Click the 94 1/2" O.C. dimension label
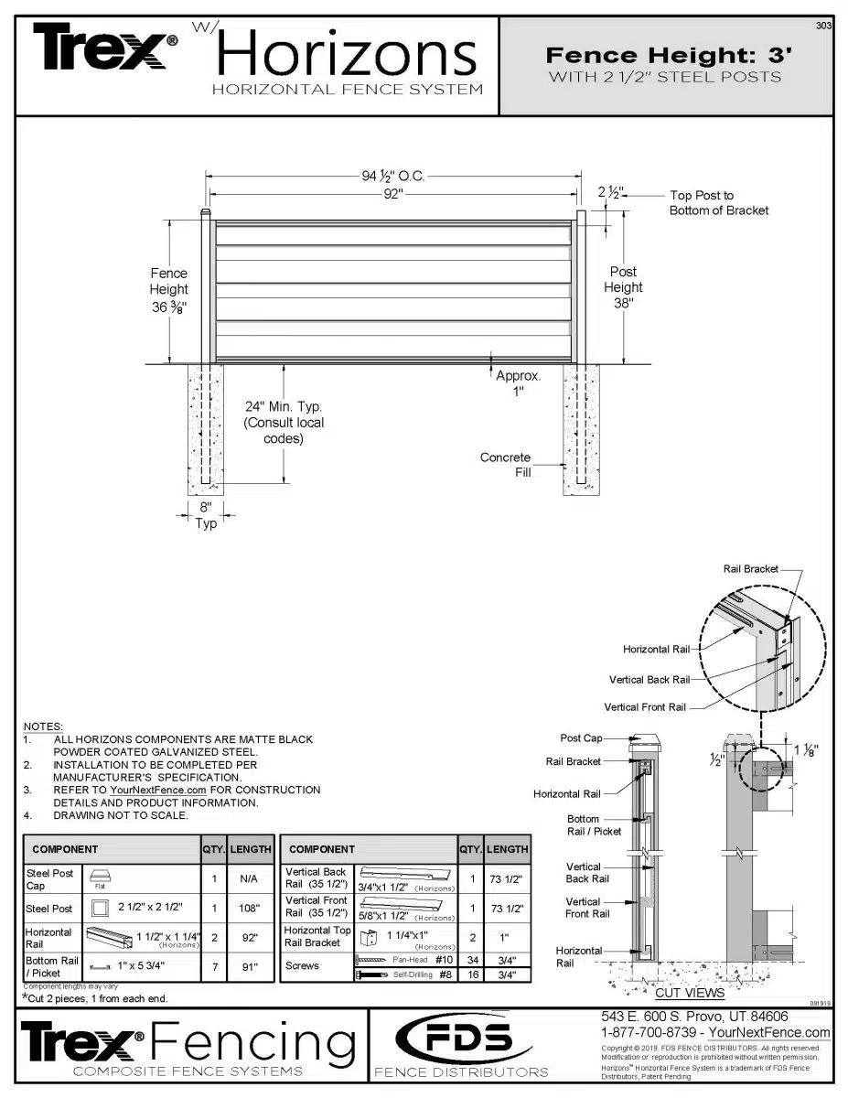[393, 177]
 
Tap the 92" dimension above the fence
[394, 194]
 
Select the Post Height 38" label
[623, 287]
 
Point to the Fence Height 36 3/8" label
[168, 290]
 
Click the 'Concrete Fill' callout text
[505, 464]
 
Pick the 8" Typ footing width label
[206, 515]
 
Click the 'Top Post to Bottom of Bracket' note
[718, 203]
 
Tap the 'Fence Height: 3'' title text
[668, 56]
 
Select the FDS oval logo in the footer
[461, 1039]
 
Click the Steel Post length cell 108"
[250, 909]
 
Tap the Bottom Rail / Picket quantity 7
[213, 967]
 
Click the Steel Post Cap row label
[50, 879]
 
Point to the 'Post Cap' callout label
[581, 738]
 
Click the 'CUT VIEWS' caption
[690, 993]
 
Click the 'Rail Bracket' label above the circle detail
[751, 569]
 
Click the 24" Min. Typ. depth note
[283, 422]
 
